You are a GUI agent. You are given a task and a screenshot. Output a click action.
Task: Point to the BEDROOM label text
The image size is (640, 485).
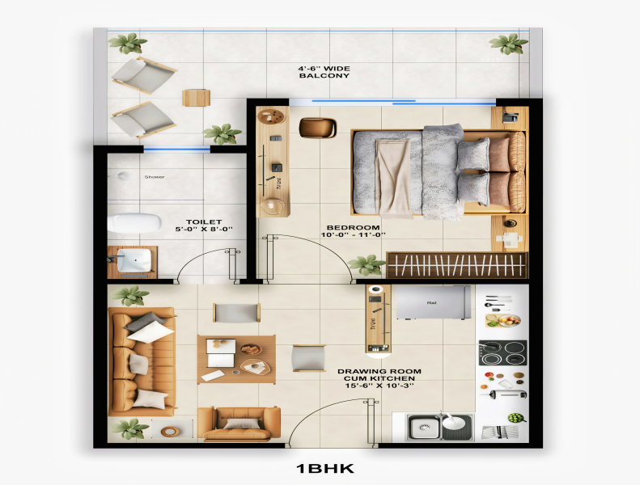point(353,227)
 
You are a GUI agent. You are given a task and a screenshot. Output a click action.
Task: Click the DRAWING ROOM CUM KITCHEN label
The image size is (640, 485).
point(376,378)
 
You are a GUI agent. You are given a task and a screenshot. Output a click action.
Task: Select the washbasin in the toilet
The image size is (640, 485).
point(133,261)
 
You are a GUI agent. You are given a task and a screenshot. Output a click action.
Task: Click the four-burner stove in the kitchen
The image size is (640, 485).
point(502,353)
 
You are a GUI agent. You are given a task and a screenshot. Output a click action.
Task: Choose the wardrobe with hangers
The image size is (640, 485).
point(456,264)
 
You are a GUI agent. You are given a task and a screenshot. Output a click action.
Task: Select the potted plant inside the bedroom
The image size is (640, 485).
point(369,264)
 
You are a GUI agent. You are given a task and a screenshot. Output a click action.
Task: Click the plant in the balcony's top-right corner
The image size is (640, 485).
point(507,44)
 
